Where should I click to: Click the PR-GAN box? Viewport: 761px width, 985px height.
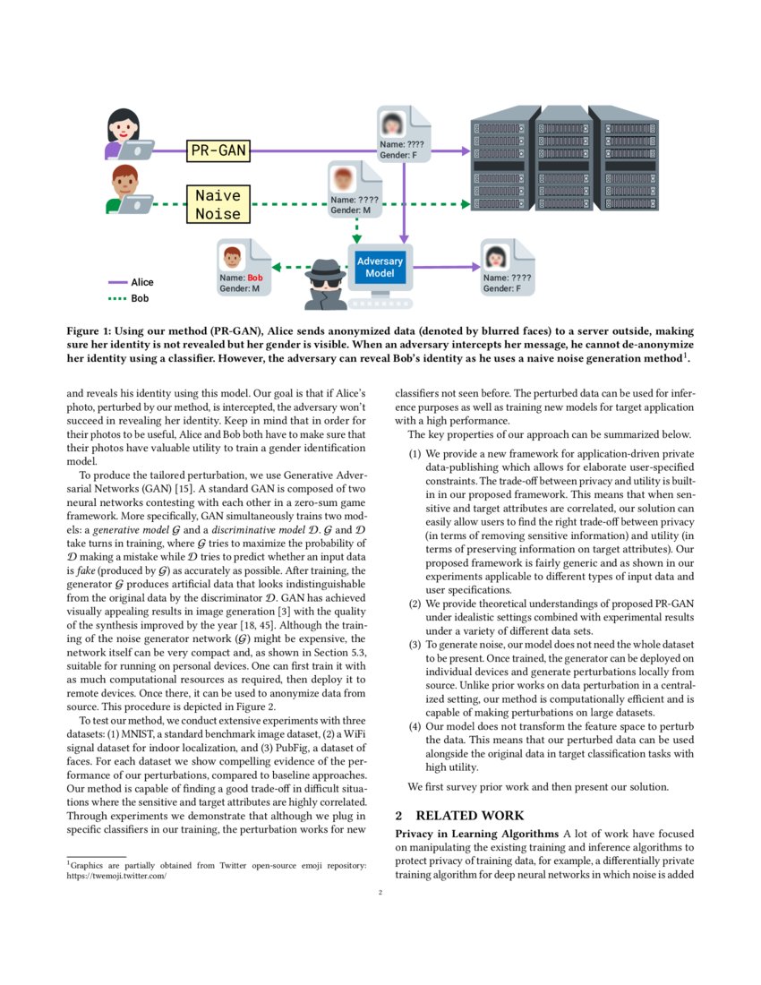click(x=218, y=151)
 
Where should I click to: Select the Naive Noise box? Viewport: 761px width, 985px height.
click(x=218, y=204)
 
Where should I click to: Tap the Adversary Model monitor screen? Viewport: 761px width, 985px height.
click(x=380, y=266)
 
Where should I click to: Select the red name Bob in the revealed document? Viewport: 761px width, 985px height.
click(x=255, y=278)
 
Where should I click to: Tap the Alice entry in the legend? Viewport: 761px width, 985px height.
click(x=141, y=282)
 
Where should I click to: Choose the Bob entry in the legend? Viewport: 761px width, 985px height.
click(x=139, y=298)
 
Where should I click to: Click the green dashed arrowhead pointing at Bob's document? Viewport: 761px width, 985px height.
click(x=277, y=267)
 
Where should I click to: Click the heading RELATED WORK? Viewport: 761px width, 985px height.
click(x=469, y=816)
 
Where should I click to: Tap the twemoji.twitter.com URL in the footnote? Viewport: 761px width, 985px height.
click(x=117, y=877)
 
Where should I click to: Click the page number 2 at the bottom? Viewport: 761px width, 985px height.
click(x=380, y=892)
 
